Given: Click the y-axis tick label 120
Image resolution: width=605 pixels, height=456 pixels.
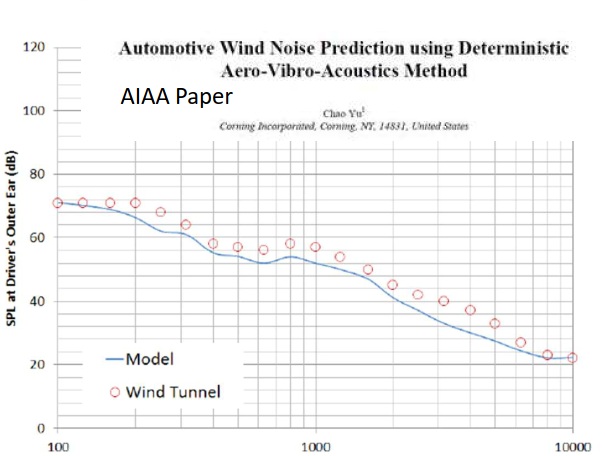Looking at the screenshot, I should coord(33,47).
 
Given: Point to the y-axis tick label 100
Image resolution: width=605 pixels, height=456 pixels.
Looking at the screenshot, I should coord(33,110).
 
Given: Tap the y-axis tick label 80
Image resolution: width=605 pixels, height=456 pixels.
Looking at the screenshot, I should coord(36,174).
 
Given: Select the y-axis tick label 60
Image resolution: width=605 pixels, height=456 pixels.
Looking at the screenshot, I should coord(36,237).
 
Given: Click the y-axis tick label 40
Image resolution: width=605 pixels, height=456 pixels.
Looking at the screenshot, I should coord(36,301).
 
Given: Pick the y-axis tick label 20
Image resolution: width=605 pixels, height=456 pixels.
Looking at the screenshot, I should coord(36,364).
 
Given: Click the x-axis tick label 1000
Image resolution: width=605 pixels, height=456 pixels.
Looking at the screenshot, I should coord(316,446).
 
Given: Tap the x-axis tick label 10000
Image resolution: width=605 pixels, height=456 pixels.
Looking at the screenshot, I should coord(572,446).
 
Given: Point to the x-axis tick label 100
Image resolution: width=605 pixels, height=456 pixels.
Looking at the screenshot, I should coord(58,446).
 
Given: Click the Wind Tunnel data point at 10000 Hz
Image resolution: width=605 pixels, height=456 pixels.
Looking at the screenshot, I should coord(572,358).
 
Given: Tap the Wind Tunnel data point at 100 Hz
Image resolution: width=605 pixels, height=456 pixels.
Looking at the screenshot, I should coord(58,203).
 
